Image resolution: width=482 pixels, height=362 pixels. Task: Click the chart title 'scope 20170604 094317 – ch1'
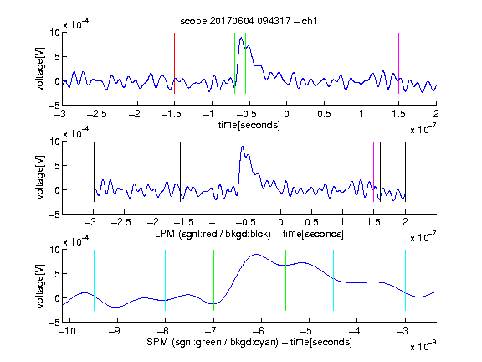click(x=249, y=21)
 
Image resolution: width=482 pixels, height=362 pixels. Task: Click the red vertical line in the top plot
click(x=174, y=63)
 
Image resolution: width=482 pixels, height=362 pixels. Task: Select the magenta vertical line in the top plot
click(x=398, y=63)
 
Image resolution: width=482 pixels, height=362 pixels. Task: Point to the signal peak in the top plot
click(x=241, y=38)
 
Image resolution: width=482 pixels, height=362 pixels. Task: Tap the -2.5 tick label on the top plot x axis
click(x=96, y=114)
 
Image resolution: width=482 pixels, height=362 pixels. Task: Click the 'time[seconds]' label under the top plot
click(x=249, y=125)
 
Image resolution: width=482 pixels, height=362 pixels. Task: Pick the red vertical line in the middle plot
click(x=187, y=172)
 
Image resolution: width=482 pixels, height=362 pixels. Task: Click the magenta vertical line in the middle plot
click(x=373, y=172)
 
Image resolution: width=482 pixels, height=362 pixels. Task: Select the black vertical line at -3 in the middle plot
click(x=94, y=172)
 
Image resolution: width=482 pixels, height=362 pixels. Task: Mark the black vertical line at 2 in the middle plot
click(x=406, y=172)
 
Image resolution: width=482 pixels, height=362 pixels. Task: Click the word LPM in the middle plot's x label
click(x=165, y=234)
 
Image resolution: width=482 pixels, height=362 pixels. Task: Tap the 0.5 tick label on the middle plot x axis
click(x=311, y=222)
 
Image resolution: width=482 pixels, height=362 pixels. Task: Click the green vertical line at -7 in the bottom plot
click(x=213, y=280)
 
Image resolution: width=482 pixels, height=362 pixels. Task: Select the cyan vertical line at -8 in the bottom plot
click(x=165, y=280)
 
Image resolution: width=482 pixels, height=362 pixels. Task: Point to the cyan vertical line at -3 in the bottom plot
click(x=406, y=280)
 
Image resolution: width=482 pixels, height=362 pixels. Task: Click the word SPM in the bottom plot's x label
click(x=157, y=342)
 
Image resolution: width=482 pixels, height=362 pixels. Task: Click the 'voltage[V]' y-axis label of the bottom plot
click(x=40, y=286)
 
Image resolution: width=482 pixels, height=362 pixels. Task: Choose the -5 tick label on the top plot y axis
click(x=54, y=106)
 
